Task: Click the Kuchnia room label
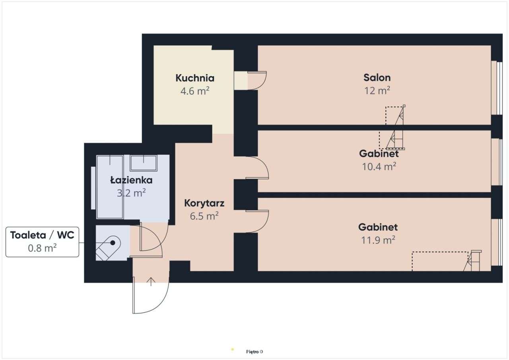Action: pyautogui.click(x=195, y=78)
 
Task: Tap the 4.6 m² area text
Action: pyautogui.click(x=195, y=91)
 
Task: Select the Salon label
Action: pyautogui.click(x=377, y=77)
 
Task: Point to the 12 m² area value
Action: pyautogui.click(x=377, y=90)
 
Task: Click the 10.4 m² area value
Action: pyautogui.click(x=379, y=166)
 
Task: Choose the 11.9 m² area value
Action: pyautogui.click(x=378, y=240)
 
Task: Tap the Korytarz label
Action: pyautogui.click(x=204, y=203)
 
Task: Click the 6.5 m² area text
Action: pyautogui.click(x=204, y=216)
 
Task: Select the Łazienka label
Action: pyautogui.click(x=131, y=180)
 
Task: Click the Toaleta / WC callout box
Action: pyautogui.click(x=42, y=241)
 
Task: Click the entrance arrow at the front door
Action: pyautogui.click(x=151, y=282)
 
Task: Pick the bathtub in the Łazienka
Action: pyautogui.click(x=110, y=187)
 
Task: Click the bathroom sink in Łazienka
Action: pyautogui.click(x=143, y=163)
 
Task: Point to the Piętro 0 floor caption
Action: pyautogui.click(x=254, y=352)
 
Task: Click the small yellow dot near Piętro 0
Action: pyautogui.click(x=233, y=349)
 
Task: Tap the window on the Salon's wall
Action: pyautogui.click(x=494, y=88)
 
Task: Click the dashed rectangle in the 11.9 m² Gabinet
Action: pyautogui.click(x=439, y=261)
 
